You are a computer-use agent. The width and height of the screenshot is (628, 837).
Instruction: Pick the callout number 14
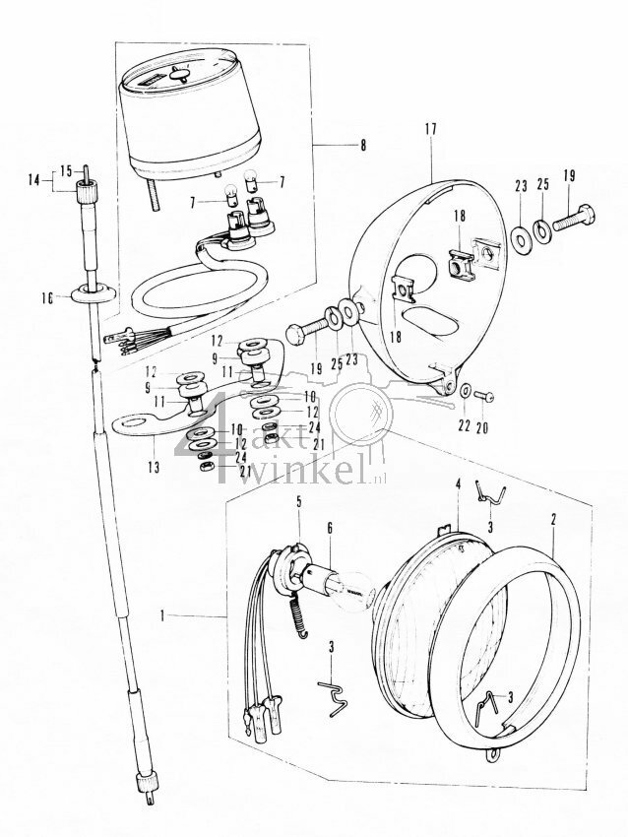(x=35, y=180)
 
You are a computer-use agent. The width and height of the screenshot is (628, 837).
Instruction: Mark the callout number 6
(x=330, y=528)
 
